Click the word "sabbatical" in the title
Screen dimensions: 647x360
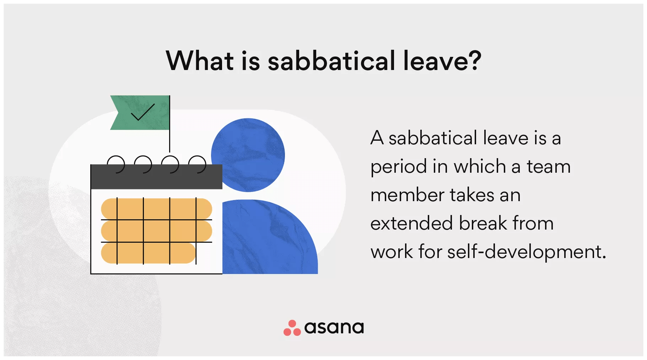click(331, 60)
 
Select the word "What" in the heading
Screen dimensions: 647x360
click(200, 60)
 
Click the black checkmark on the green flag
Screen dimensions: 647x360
click(143, 112)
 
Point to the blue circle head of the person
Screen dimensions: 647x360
click(248, 155)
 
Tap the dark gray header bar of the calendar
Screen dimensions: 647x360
click(156, 177)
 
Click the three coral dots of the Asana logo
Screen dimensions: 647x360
click(292, 328)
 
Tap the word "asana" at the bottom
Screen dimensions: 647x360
click(334, 327)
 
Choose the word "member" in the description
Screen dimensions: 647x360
click(407, 195)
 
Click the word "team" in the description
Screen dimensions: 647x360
click(549, 167)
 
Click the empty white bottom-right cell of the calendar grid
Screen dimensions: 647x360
click(204, 253)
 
